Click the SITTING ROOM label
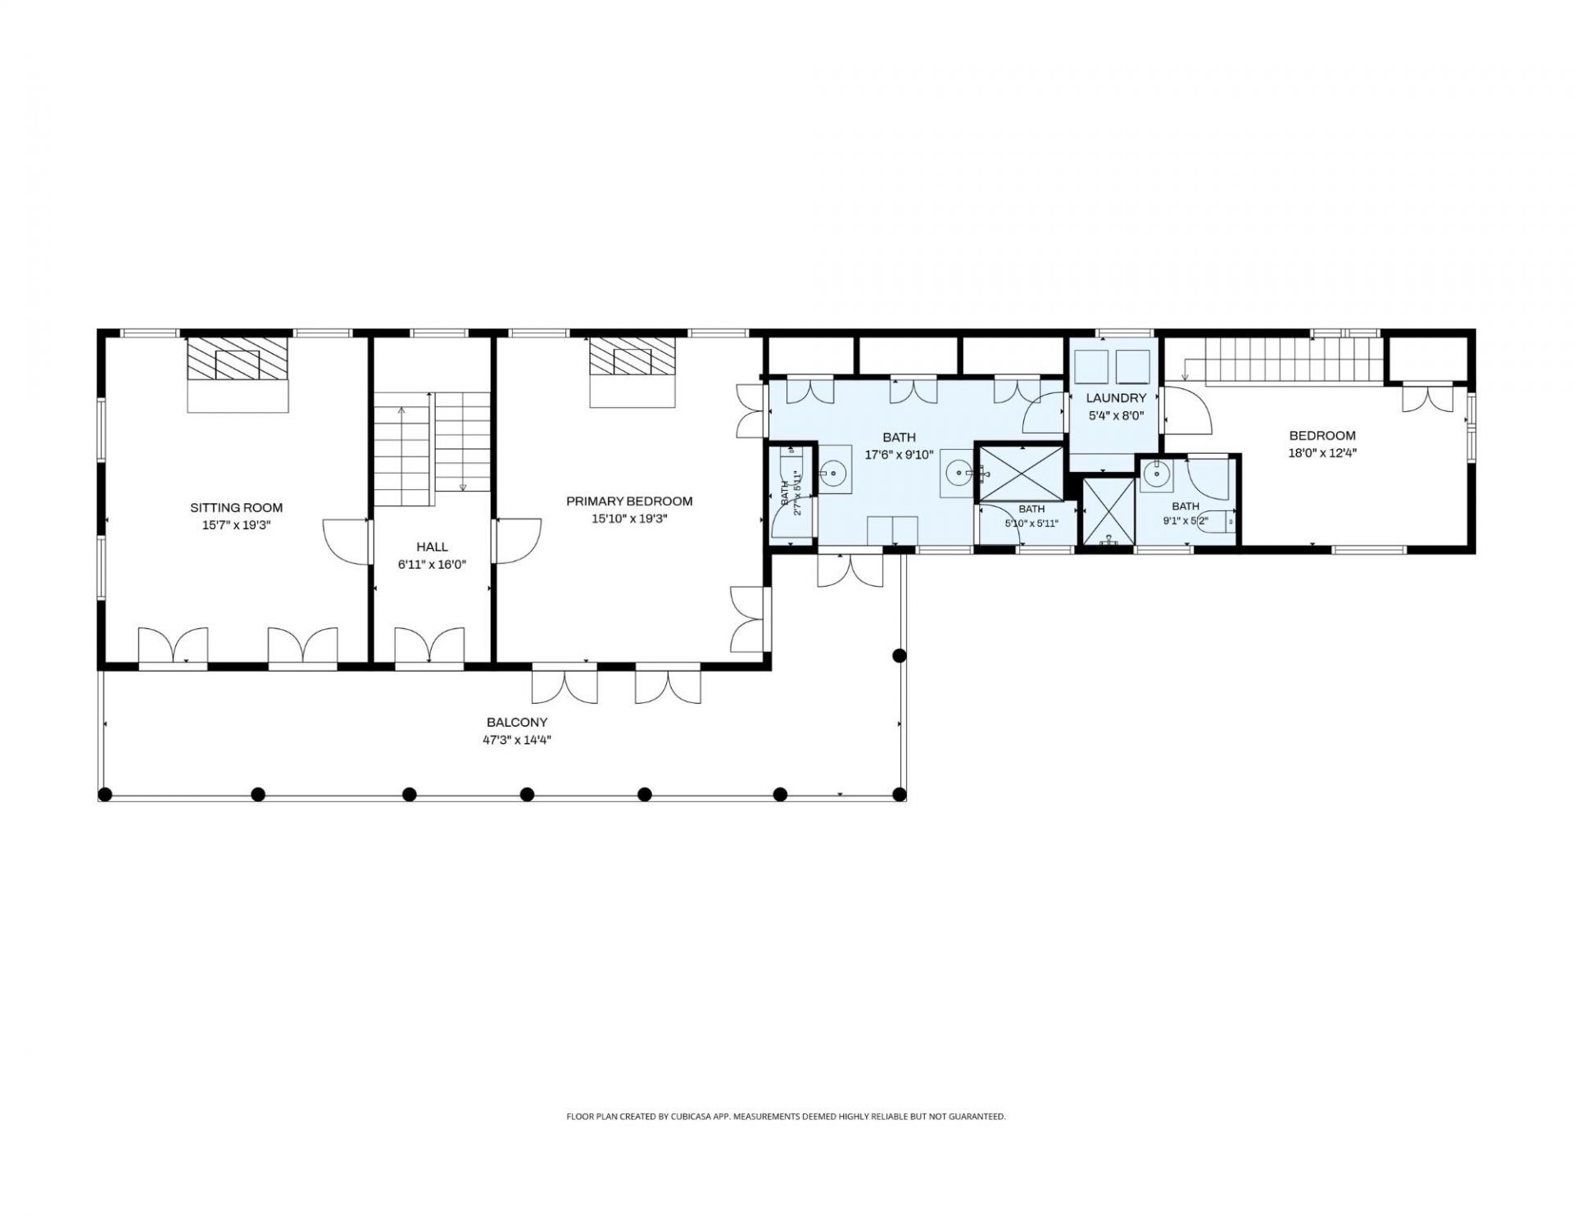pos(236,508)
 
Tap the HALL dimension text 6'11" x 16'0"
pos(432,564)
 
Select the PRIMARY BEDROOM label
pos(629,501)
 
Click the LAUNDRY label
pos(1115,398)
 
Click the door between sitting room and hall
pos(347,541)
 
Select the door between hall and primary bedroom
pos(517,541)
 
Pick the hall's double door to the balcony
pos(430,645)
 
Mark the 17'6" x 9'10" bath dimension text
pos(900,455)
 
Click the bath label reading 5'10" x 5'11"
pos(1031,523)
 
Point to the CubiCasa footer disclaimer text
pos(786,1116)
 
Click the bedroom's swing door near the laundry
pos(1188,410)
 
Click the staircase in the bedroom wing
pos(1294,360)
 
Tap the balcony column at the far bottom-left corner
pos(105,793)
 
